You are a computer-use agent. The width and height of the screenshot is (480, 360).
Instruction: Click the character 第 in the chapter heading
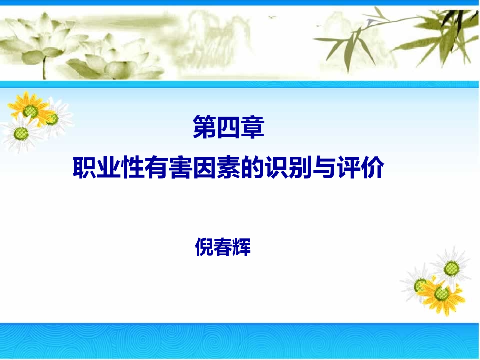coord(204,128)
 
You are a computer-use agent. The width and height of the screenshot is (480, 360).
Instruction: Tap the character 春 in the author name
coord(222,247)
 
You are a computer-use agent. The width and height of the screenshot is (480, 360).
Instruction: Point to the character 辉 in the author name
coord(242,247)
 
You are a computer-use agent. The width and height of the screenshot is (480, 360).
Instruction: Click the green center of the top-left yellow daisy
coord(30,111)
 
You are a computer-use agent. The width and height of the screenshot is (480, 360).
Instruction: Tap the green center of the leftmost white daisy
coord(21,135)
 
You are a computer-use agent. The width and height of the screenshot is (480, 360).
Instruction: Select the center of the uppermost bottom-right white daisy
coord(452,268)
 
